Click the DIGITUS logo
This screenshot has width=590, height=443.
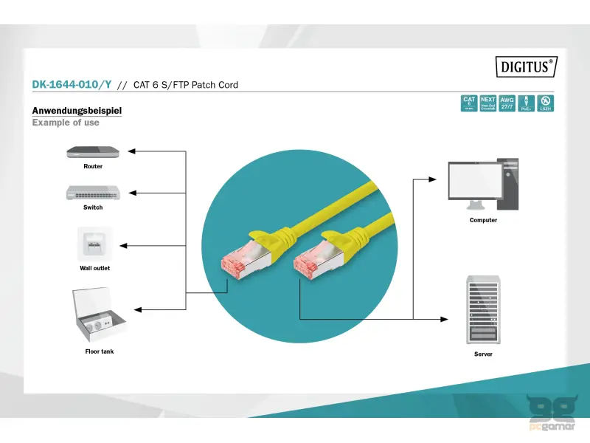tap(524, 67)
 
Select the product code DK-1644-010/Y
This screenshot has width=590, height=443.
tap(72, 84)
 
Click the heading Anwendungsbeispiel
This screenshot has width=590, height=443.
tap(77, 111)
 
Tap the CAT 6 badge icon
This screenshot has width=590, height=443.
tap(469, 103)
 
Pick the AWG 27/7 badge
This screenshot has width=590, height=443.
tap(507, 103)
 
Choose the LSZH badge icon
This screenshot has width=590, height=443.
tap(546, 103)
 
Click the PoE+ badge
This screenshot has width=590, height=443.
tap(527, 103)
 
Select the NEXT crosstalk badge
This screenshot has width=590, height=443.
tap(488, 103)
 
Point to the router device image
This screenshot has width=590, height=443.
tap(93, 151)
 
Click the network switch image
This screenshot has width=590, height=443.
tap(93, 192)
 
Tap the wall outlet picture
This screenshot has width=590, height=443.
tap(94, 244)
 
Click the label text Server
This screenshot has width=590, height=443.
tap(483, 354)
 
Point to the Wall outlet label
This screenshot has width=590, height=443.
tap(94, 268)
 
